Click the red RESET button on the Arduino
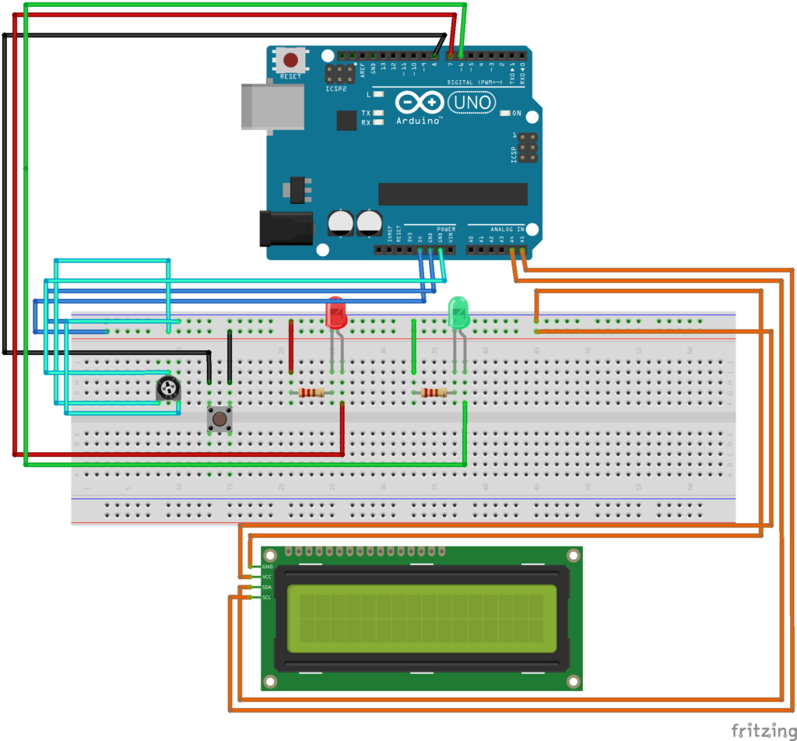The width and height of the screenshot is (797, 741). point(292,60)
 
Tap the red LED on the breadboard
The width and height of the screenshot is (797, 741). point(335,313)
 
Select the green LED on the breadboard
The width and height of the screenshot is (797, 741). point(459,313)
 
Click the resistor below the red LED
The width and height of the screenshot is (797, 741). point(311,393)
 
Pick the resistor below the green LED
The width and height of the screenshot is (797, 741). point(434,393)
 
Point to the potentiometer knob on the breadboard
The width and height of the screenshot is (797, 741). point(167,388)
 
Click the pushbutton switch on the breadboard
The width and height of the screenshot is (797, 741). point(219,420)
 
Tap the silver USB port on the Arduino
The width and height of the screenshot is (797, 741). point(272,106)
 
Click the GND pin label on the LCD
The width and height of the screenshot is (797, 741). point(267,567)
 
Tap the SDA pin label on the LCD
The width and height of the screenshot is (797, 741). point(267,587)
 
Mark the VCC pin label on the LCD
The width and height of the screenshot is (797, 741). point(267,577)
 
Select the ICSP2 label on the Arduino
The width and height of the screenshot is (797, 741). point(335,89)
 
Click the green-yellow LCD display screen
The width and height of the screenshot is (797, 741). point(421,618)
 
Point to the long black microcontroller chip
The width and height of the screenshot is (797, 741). point(452,194)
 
